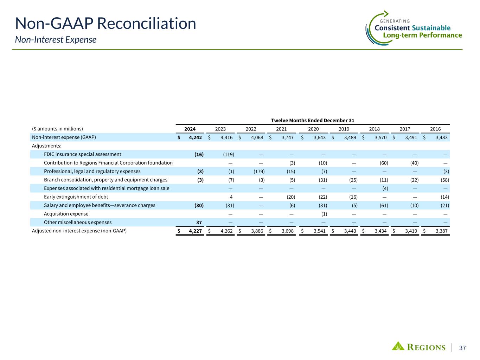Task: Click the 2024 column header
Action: click(x=190, y=129)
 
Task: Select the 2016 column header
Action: click(x=435, y=129)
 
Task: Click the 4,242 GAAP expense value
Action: click(x=195, y=137)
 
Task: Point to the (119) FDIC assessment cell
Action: click(x=229, y=154)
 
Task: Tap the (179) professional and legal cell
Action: click(x=259, y=171)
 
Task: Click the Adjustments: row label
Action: click(x=47, y=146)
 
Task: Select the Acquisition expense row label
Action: click(x=66, y=214)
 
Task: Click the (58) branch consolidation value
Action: click(x=444, y=180)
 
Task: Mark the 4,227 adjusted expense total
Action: click(x=195, y=231)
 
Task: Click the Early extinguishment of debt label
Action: click(x=76, y=197)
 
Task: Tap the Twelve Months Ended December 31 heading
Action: click(x=312, y=120)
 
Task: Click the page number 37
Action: click(x=462, y=348)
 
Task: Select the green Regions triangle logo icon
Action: click(x=398, y=346)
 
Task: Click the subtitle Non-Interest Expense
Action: click(x=56, y=40)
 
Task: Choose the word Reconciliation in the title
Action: click(x=147, y=24)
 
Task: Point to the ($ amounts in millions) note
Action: click(x=57, y=129)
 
